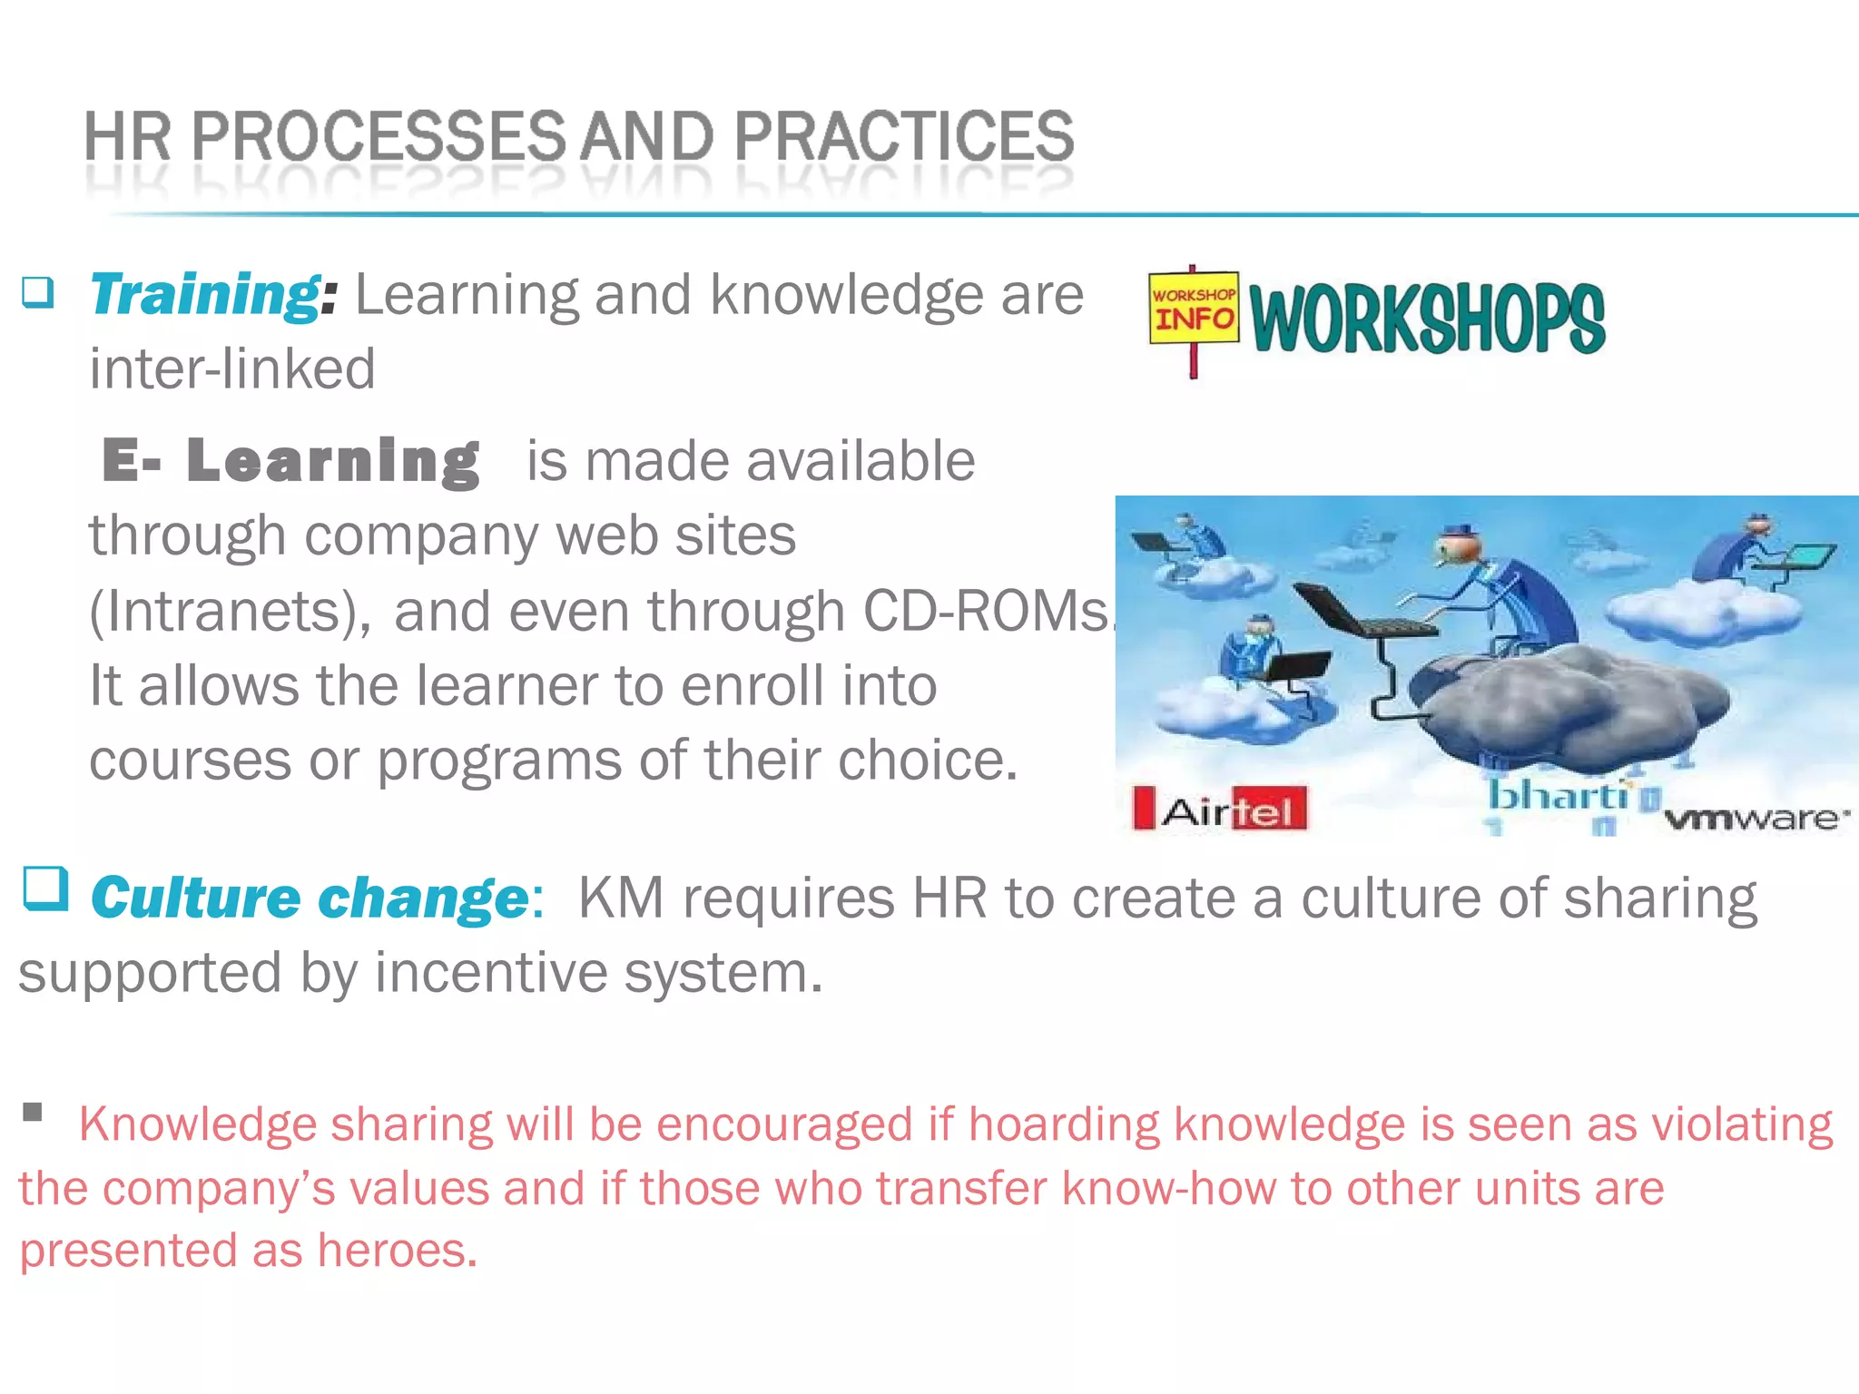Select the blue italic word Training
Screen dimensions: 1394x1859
pos(204,295)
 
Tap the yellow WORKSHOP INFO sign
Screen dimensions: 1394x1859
pos(1194,309)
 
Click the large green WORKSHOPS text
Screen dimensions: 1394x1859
pos(1427,318)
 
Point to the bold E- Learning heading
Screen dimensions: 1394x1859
pos(290,460)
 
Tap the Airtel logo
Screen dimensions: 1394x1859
pos(1221,808)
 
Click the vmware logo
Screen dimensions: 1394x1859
pos(1756,819)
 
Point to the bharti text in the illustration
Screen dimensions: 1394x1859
pos(1558,796)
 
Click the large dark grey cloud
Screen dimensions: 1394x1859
pos(1561,699)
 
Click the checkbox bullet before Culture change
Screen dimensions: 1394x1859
pos(45,888)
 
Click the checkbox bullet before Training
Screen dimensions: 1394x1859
pos(38,292)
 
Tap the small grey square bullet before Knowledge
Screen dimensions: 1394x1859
pos(34,1112)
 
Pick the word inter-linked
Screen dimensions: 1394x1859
pos(232,368)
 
